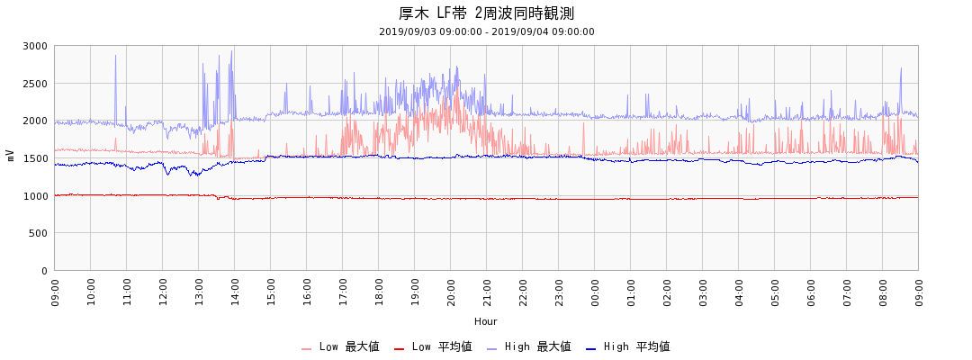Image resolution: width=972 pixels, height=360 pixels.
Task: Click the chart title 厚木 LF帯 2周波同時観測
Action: point(486,13)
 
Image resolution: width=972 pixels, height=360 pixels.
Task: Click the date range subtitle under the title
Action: point(486,31)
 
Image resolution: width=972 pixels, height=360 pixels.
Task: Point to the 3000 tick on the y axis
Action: point(36,46)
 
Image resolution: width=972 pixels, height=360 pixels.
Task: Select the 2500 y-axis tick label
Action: point(36,84)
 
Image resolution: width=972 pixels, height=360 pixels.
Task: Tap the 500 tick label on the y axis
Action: point(39,233)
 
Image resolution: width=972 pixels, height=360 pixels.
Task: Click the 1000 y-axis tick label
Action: point(36,196)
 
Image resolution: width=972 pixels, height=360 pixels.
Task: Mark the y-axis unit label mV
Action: point(11,156)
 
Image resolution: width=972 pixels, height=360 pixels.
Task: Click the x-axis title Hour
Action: point(486,321)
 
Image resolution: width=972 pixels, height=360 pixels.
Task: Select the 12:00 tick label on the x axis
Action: point(163,292)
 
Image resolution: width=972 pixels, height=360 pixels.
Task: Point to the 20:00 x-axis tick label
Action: point(451,292)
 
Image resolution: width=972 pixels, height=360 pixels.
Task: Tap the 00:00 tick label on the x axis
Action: point(595,292)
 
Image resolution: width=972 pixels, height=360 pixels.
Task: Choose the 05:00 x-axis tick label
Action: point(775,292)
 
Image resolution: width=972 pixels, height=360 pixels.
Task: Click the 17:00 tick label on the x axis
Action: point(343,292)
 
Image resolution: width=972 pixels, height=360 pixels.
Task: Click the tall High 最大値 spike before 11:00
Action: point(115,58)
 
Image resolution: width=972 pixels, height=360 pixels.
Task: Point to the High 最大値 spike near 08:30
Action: point(901,69)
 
